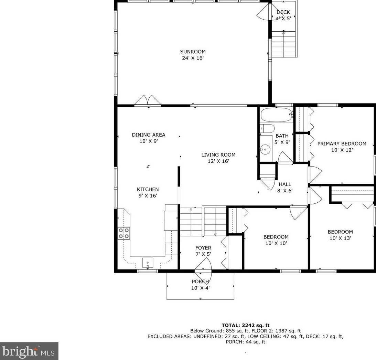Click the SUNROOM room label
(x=193, y=52)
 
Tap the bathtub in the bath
(x=276, y=115)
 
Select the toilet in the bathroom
(x=267, y=129)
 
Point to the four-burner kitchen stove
(x=124, y=233)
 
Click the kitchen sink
(x=148, y=263)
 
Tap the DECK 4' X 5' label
(x=283, y=15)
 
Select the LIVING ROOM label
(x=218, y=155)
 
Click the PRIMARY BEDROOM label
(x=342, y=144)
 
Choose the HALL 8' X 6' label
(x=285, y=187)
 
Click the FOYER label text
(x=203, y=248)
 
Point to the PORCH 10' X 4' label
(x=201, y=285)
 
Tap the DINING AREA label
(x=148, y=135)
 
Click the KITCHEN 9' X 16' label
(x=148, y=192)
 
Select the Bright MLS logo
(x=29, y=351)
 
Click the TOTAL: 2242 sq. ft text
(x=245, y=325)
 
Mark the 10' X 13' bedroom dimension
(x=340, y=238)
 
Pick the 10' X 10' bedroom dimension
(x=276, y=243)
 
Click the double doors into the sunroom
(x=148, y=100)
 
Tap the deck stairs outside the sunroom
(x=284, y=44)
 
